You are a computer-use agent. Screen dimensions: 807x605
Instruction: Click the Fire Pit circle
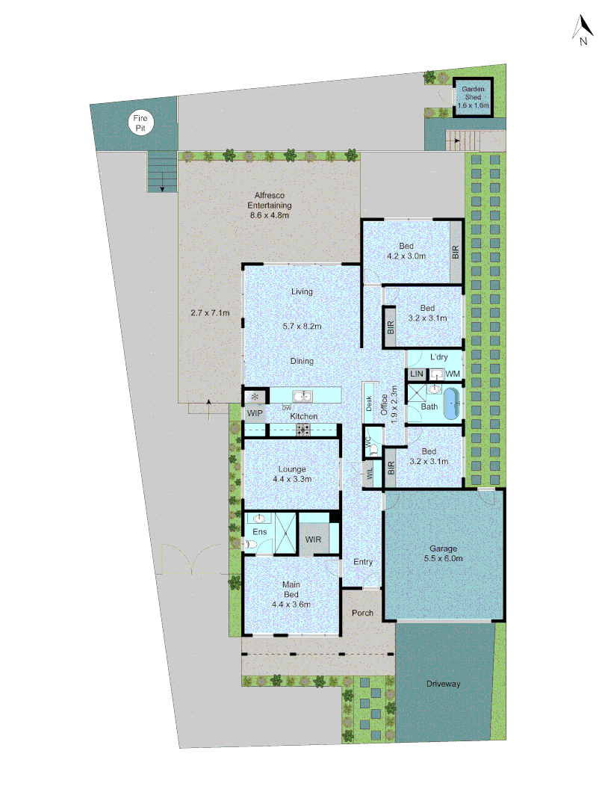[x=140, y=123]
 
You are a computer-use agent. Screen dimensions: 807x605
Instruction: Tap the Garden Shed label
[x=473, y=98]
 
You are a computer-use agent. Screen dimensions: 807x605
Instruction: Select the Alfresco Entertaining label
[x=269, y=205]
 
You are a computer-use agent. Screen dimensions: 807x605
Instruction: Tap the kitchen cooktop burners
[x=304, y=430]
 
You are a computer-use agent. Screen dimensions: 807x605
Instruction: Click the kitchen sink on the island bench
[x=302, y=396]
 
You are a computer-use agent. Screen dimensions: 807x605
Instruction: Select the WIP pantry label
[x=255, y=413]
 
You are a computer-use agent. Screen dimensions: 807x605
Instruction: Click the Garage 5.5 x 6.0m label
[x=443, y=553]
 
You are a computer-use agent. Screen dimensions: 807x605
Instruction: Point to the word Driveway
[x=444, y=684]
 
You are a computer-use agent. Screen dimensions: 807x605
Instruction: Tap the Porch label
[x=362, y=613]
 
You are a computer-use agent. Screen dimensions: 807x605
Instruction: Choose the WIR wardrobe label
[x=313, y=539]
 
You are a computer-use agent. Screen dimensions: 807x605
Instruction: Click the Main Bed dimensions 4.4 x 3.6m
[x=291, y=605]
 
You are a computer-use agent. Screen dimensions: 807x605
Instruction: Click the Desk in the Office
[x=369, y=403]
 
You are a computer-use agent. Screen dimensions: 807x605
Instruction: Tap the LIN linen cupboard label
[x=416, y=374]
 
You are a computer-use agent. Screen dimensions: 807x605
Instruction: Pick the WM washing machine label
[x=453, y=373]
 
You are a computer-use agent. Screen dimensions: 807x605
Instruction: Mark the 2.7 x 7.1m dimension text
[x=210, y=313]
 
